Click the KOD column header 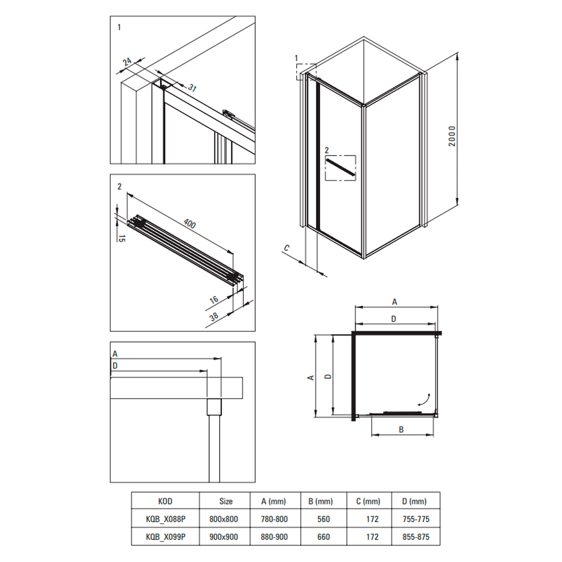point(165,501)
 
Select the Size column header point(226,501)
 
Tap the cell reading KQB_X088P point(166,519)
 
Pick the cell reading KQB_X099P point(166,537)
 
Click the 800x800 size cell point(224,519)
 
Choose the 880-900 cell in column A point(274,537)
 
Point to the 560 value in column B point(323,519)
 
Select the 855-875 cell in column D point(416,537)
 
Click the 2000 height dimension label point(452,136)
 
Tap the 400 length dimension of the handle point(190,223)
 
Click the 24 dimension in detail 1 point(127,62)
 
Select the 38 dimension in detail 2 point(214,317)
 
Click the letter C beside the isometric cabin point(287,248)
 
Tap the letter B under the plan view point(401,429)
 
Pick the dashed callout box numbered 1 point(306,72)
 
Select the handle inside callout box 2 point(340,167)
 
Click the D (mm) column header point(414,501)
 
